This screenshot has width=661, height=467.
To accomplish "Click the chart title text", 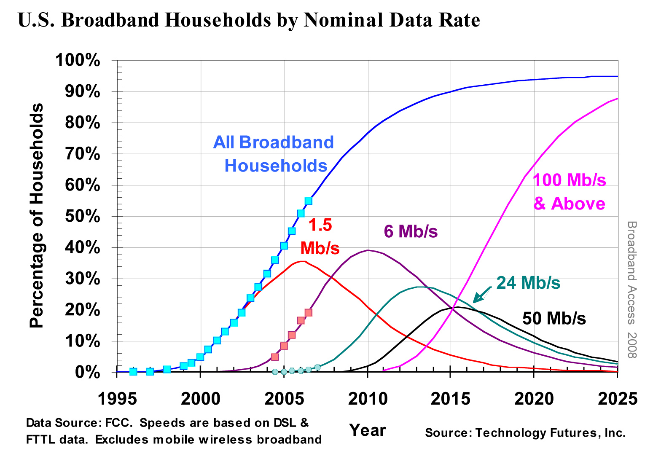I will click(x=249, y=20).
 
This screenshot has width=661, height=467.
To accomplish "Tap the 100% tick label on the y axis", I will click(x=78, y=61).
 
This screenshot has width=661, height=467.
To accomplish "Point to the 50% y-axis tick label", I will click(x=82, y=217).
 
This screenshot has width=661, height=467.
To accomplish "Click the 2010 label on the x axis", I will click(x=368, y=398).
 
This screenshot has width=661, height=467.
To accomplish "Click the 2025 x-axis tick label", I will click(x=618, y=398).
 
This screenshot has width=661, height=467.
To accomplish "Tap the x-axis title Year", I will click(x=368, y=430).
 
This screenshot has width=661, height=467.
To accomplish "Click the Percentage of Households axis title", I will click(x=37, y=216).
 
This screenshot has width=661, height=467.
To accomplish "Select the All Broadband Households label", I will click(x=274, y=154).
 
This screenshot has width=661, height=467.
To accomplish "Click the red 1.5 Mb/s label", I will click(x=320, y=236).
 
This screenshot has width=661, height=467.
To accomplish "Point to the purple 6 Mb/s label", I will click(x=411, y=231).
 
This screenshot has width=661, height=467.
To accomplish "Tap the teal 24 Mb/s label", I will click(x=528, y=283).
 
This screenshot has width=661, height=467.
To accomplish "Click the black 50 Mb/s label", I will click(x=554, y=318).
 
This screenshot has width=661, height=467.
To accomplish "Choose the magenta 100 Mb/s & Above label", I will click(x=570, y=192).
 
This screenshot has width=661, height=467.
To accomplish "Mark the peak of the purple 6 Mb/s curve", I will click(x=368, y=250).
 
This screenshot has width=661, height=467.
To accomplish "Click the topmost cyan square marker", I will click(x=308, y=201).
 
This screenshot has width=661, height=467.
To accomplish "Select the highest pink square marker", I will click(x=308, y=312).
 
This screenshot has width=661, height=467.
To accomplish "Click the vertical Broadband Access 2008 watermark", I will click(x=631, y=290).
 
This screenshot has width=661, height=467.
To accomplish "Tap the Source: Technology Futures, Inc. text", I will click(x=525, y=433).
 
